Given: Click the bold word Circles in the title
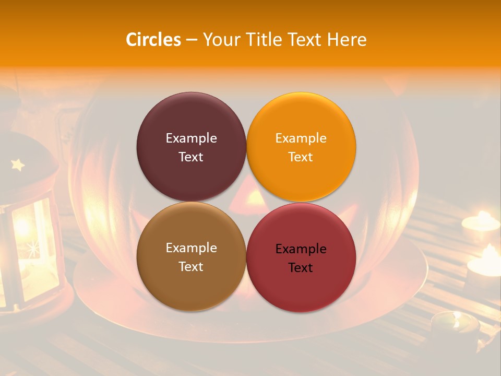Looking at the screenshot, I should (x=153, y=40).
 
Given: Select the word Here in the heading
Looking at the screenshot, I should (x=347, y=40).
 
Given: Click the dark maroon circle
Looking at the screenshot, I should (x=191, y=120).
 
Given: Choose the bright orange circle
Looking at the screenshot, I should (x=301, y=120).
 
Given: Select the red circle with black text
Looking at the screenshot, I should (x=301, y=285).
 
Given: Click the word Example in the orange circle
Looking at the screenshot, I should (x=301, y=138).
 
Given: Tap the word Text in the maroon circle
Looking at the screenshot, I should (x=191, y=157).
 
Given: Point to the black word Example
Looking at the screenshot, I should (x=301, y=249).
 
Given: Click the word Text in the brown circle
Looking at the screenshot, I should (x=191, y=267).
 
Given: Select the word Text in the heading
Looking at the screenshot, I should (x=305, y=40).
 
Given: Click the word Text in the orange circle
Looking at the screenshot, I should (x=301, y=157).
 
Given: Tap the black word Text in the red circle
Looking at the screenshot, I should (x=301, y=268).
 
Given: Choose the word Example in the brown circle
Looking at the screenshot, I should (x=191, y=248).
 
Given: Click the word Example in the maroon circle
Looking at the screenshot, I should (x=191, y=138).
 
